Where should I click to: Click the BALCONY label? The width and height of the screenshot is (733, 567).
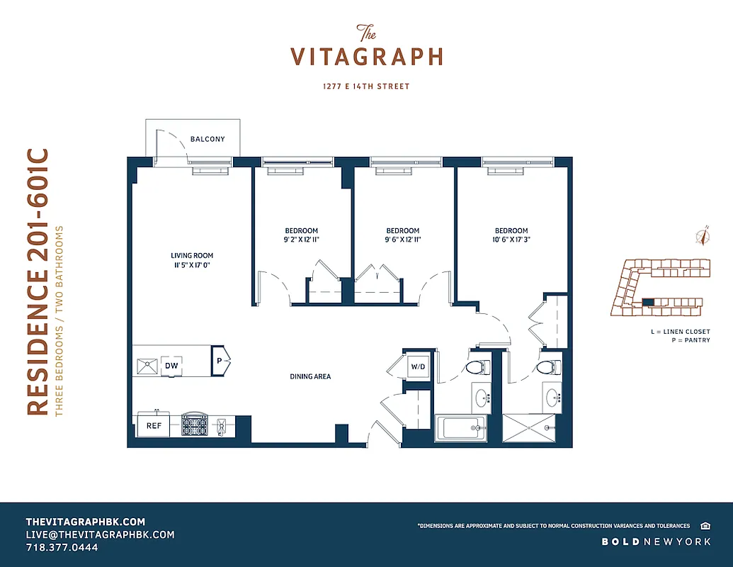[x=208, y=139]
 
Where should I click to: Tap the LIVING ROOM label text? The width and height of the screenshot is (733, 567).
[x=192, y=256]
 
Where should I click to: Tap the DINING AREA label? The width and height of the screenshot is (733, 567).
[x=310, y=376]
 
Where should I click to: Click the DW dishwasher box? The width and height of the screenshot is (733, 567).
[x=171, y=366]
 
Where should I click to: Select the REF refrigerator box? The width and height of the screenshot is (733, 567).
[x=154, y=426]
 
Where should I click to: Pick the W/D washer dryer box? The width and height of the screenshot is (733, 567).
[x=417, y=367]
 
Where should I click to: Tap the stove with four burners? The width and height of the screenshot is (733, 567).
[x=194, y=426]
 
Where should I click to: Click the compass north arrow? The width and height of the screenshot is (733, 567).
[x=703, y=237]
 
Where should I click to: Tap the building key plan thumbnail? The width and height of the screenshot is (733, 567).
[x=659, y=287]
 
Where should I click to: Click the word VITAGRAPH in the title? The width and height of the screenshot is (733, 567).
[x=367, y=57]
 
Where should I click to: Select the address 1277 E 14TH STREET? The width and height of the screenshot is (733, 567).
[x=366, y=86]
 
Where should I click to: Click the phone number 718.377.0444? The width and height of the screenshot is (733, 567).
[x=62, y=548]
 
